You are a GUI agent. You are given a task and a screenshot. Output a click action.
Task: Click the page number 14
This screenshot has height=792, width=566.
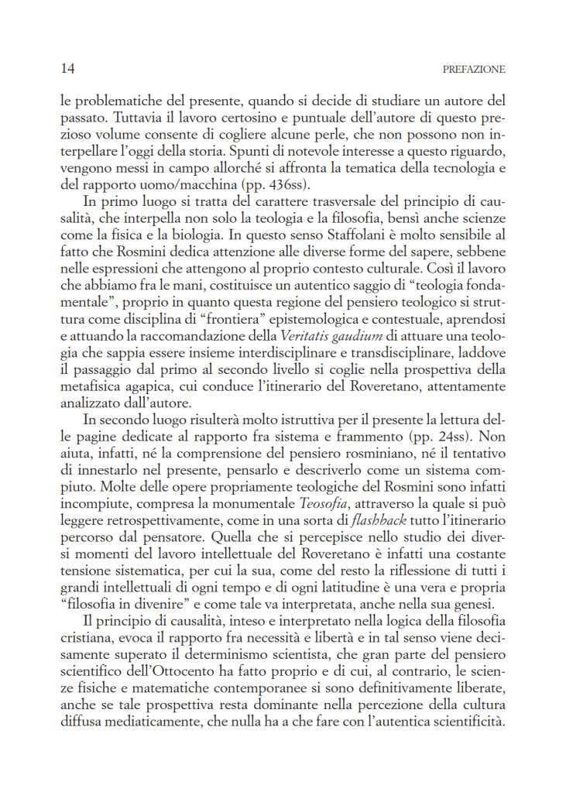tap(67, 69)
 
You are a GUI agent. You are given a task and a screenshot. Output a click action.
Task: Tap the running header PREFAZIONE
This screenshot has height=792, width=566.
tap(474, 70)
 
